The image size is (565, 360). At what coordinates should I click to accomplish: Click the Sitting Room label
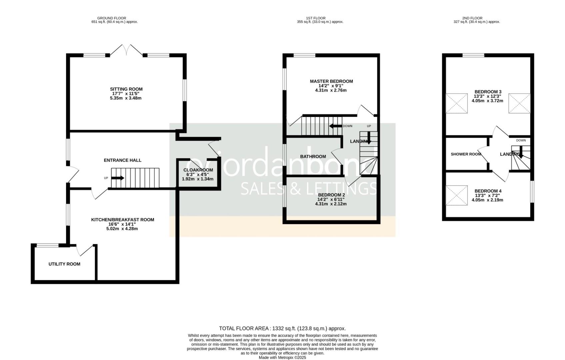(126, 89)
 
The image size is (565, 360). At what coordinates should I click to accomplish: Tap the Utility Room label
(64, 264)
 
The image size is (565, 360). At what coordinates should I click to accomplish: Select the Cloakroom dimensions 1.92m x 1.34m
(197, 179)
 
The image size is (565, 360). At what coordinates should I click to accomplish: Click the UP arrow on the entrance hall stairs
(117, 178)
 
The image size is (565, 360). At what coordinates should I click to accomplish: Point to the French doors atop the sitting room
(126, 50)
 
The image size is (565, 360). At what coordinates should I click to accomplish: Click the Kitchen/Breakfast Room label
(123, 220)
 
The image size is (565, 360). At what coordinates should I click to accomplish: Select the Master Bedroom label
(331, 81)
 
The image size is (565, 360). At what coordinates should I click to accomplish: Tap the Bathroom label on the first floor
(313, 156)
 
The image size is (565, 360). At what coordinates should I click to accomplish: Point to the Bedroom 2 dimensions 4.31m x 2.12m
(331, 204)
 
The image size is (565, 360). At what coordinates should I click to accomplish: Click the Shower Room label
(466, 154)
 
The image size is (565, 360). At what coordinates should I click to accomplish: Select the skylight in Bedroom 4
(456, 196)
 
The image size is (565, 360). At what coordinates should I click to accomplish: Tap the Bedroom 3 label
(488, 92)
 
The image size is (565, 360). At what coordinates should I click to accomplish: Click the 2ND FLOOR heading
(472, 18)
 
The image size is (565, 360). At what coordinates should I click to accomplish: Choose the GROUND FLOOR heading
(112, 18)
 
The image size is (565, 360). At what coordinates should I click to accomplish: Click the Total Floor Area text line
(282, 328)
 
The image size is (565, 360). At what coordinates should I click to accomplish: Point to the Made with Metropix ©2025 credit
(282, 357)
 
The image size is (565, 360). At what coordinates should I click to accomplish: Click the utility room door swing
(85, 250)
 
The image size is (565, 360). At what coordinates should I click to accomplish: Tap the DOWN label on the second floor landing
(521, 140)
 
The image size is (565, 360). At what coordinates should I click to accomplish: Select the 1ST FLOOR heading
(315, 18)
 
